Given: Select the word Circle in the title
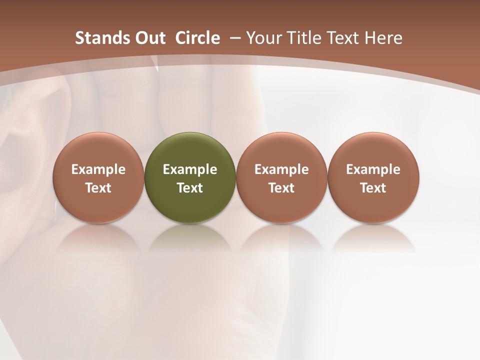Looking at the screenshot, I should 197,38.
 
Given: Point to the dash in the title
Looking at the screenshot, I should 234,38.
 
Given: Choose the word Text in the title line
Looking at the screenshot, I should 342,38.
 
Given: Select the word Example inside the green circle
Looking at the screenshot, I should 190,169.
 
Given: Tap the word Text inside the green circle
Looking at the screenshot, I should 190,188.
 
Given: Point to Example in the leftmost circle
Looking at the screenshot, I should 98,169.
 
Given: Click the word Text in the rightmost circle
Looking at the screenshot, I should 373,188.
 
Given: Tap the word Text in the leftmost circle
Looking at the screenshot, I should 98,188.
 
